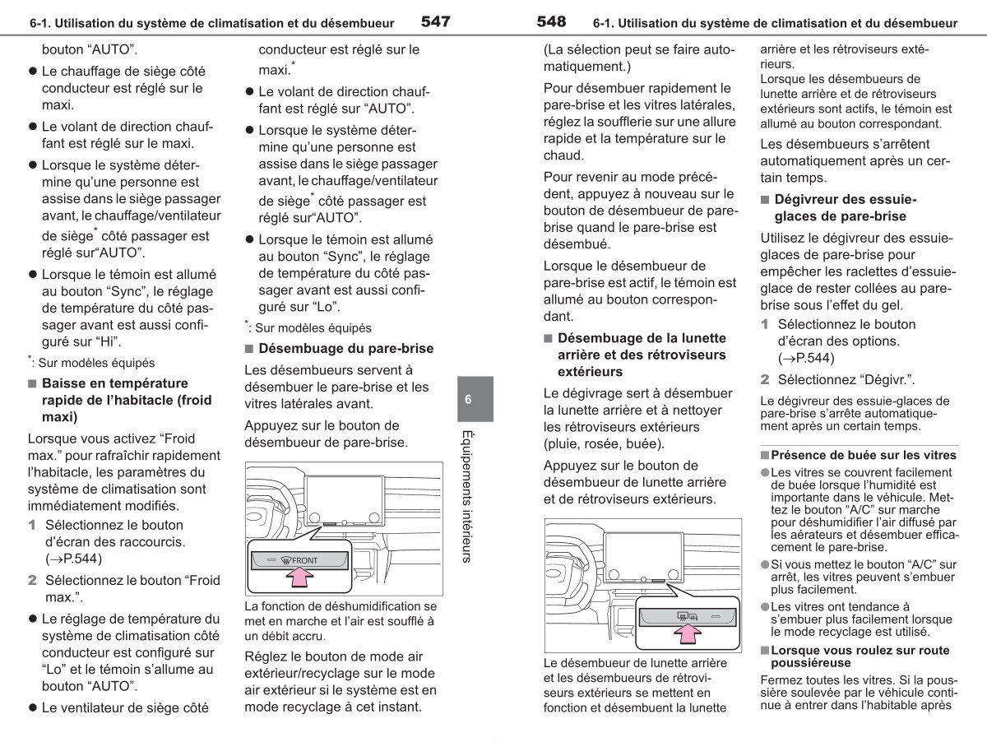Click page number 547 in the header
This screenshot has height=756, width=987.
435,21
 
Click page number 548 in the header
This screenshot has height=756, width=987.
551,21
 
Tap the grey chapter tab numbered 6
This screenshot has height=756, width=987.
475,399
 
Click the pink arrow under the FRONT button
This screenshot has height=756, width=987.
299,577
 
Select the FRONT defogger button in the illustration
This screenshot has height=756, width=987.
299,560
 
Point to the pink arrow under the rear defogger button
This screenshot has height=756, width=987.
688,633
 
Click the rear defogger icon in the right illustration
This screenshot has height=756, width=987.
688,616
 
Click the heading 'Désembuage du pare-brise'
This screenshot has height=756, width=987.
345,348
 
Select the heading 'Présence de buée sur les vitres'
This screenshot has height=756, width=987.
864,455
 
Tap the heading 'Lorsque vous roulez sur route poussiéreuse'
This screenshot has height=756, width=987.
860,656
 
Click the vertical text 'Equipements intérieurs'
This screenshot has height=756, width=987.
467,496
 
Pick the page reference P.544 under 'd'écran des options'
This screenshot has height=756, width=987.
806,358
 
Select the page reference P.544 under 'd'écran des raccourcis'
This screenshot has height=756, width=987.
73,559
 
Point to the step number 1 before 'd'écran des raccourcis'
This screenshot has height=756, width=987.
32,525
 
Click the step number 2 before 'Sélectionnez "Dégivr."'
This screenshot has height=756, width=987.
765,379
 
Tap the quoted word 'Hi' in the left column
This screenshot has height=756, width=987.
107,341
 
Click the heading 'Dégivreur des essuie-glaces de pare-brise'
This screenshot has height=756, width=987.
846,207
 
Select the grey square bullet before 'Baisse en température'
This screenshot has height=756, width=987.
32,383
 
